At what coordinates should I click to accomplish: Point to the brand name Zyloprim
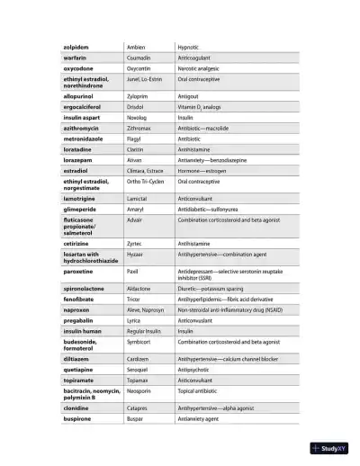138,94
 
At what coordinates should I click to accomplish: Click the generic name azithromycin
85,129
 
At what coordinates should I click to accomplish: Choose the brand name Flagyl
135,139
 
